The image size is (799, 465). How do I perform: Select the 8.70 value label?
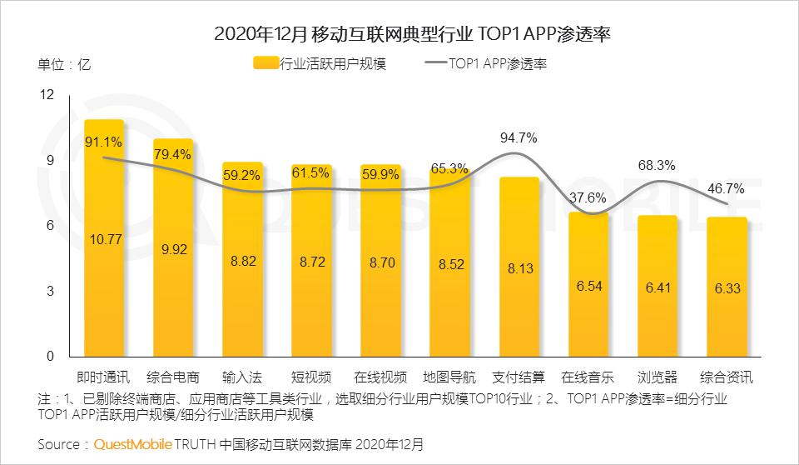(x=380, y=262)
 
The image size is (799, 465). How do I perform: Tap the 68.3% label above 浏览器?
(x=656, y=165)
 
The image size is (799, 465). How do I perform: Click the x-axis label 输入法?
(x=242, y=376)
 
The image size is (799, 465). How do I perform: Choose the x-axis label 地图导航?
(x=449, y=376)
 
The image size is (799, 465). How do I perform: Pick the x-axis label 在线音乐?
(x=588, y=376)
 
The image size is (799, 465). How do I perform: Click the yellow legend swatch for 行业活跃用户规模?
(x=265, y=63)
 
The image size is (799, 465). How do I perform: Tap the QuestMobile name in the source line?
(x=131, y=444)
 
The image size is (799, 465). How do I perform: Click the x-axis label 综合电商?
(x=173, y=376)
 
